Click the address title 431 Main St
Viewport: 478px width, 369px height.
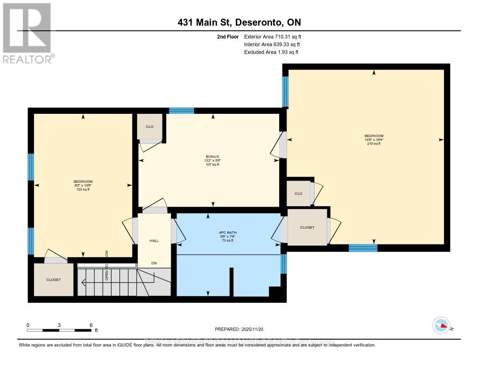(x=239, y=22)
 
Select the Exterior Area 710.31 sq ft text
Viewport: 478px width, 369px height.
(x=275, y=36)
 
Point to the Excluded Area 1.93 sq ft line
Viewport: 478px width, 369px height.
(x=271, y=52)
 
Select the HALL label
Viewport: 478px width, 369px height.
(x=154, y=241)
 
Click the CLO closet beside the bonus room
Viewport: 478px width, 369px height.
(x=149, y=127)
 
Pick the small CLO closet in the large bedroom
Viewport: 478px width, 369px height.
(x=298, y=194)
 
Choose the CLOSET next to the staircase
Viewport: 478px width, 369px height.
(x=53, y=279)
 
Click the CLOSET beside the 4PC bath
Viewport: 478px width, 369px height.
(x=307, y=227)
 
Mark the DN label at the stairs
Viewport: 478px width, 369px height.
(x=154, y=263)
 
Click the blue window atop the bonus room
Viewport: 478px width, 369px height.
(x=181, y=111)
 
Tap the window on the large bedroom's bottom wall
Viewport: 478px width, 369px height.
(x=363, y=248)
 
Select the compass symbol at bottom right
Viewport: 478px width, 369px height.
(x=441, y=325)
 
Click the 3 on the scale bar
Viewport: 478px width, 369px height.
(x=59, y=325)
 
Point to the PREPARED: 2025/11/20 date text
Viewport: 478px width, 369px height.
(x=239, y=329)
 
